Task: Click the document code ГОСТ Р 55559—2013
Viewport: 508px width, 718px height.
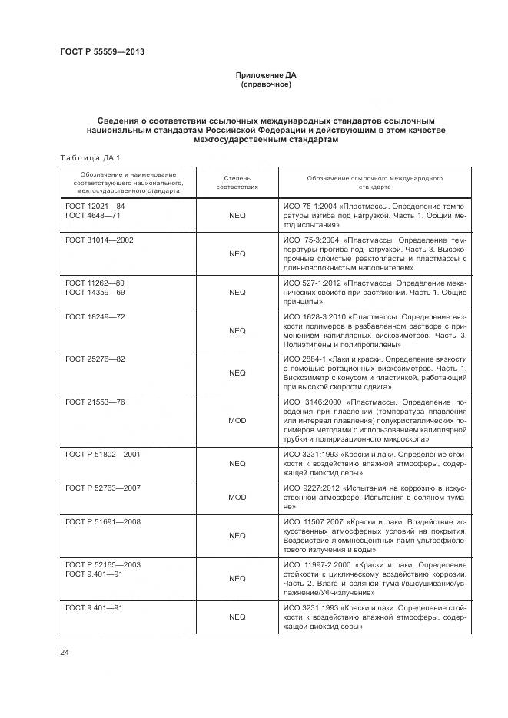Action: coord(102,51)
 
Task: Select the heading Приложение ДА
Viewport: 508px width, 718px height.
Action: coord(265,75)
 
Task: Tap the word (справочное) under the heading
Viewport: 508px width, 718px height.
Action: coord(265,84)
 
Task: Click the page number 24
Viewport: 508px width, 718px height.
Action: coord(65,652)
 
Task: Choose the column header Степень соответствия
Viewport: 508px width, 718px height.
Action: coord(237,182)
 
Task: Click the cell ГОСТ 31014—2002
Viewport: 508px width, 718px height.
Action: coord(99,240)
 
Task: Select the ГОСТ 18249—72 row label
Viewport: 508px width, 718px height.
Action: coord(95,316)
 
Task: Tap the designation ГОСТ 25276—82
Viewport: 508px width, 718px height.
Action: coord(95,359)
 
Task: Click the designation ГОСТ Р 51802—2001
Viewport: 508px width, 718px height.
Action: coord(103,455)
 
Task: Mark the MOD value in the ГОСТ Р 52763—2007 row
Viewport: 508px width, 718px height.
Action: coord(237,498)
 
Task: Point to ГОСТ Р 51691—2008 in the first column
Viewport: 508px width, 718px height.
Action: coord(103,521)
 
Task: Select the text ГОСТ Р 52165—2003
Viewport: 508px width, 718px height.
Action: coord(103,564)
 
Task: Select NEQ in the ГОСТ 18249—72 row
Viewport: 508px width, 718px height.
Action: coord(237,330)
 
